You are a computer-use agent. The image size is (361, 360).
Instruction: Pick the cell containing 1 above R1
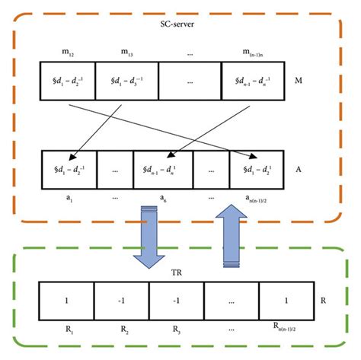pos(66,301)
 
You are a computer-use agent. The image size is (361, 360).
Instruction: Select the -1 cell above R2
pos(122,301)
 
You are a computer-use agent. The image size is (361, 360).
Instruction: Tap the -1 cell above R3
pos(176,301)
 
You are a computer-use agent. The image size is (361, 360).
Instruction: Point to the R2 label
pos(122,329)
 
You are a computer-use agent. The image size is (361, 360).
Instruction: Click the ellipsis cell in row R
pos(232,301)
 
